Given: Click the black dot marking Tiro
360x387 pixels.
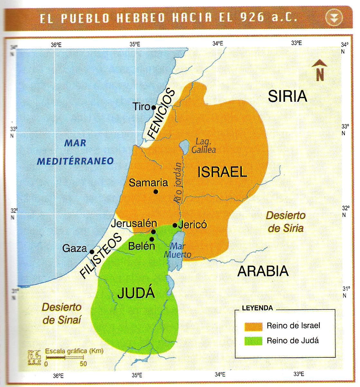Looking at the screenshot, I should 154,107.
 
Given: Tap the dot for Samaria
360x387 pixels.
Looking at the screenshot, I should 156,192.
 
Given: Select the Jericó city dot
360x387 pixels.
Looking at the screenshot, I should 175,225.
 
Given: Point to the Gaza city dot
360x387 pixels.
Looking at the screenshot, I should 92,251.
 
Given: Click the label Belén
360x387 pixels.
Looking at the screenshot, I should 142,246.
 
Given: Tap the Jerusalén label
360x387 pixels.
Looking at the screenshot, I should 134,223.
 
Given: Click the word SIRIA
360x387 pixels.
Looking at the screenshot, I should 287,96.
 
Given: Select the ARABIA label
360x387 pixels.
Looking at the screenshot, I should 263,271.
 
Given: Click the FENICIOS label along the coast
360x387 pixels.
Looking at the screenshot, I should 162,114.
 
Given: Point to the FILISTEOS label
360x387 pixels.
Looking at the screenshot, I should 101,256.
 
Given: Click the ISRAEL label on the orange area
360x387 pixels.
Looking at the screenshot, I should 222,172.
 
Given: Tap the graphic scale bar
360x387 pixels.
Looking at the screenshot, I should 65,357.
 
